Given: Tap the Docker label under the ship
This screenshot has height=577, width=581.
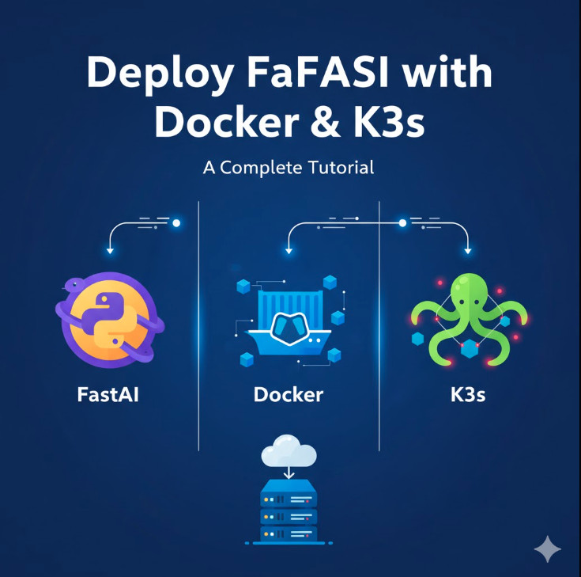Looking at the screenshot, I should click(289, 393).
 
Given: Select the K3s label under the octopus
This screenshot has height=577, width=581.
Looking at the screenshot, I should click(467, 393).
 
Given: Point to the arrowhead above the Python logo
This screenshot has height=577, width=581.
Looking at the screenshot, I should click(110, 250).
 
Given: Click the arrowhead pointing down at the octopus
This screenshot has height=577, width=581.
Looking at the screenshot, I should click(468, 250).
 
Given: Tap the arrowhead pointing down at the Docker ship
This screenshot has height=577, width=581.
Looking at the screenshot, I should click(289, 250).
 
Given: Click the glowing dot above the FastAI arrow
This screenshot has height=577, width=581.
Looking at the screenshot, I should click(176, 223).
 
